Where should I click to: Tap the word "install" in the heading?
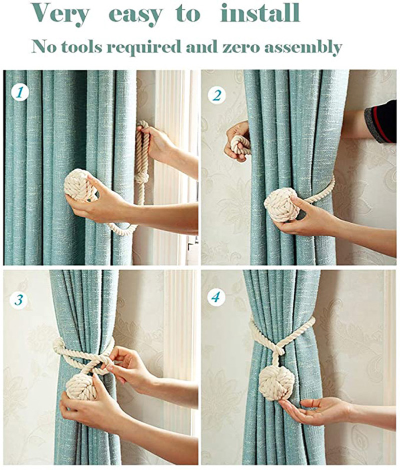260,14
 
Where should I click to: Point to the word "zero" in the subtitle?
238,48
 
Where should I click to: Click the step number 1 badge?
19,93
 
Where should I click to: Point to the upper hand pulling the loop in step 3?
127,363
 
